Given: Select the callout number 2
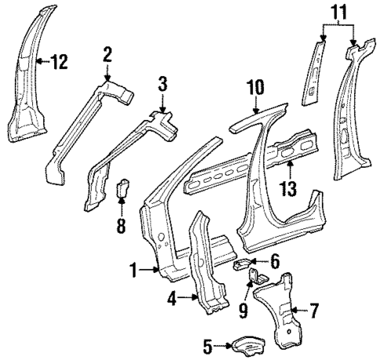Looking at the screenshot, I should click(107, 53).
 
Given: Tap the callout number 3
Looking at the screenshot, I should click(162, 83).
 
